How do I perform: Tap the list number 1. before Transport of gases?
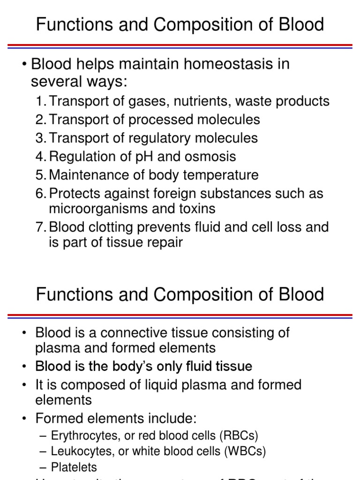[x=41, y=101]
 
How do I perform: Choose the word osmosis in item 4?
[x=208, y=157]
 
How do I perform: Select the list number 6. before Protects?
[x=41, y=194]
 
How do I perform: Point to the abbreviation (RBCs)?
[x=239, y=435]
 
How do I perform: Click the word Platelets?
[x=74, y=467]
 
